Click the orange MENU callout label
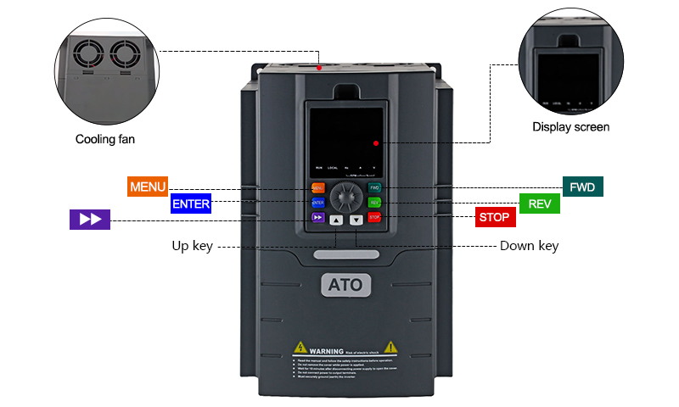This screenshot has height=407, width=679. click(148, 187)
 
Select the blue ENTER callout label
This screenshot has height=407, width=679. click(191, 203)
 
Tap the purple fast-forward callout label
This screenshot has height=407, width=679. click(90, 219)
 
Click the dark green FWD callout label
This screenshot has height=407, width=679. click(582, 187)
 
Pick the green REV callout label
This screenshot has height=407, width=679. click(539, 203)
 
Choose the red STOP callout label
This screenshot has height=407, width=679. click(494, 217)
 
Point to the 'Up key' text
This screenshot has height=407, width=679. click(192, 246)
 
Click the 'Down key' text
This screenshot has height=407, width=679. click(529, 246)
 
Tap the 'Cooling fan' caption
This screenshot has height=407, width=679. click(105, 139)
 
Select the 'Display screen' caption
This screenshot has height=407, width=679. click(570, 127)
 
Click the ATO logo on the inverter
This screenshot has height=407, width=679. click(345, 285)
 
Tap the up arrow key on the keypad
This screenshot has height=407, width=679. click(336, 220)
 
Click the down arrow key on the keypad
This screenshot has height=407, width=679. click(356, 220)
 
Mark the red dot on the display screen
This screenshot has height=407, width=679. click(375, 143)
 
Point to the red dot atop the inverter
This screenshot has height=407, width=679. click(318, 67)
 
